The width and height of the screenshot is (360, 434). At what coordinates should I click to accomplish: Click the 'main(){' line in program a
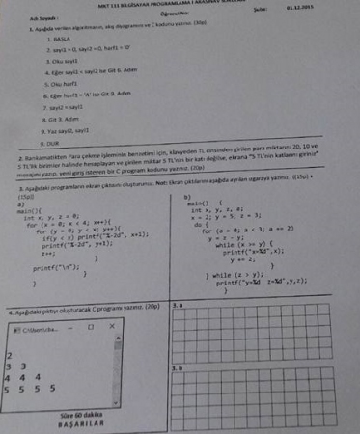tap(30, 209)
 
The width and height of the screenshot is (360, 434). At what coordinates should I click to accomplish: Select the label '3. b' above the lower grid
tap(177, 367)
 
